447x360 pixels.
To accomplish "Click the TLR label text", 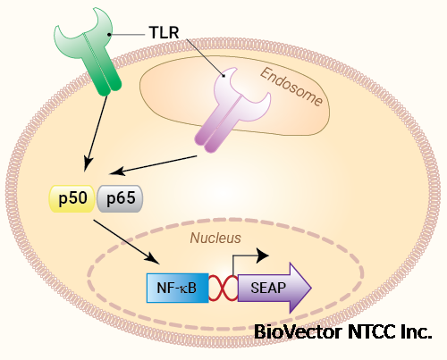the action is click(164, 32).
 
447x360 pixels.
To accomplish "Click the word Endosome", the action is click(291, 87).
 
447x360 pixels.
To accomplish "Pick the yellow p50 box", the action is click(72, 198).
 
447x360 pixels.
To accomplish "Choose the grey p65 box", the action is click(120, 198).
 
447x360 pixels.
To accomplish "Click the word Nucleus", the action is click(215, 238).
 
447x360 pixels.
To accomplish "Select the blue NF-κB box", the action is click(177, 288).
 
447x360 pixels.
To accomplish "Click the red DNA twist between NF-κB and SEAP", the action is click(223, 288).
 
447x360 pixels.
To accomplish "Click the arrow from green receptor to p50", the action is click(96, 133).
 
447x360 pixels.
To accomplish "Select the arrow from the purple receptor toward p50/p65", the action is click(153, 165).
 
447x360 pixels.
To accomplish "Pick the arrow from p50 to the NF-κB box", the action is click(126, 242).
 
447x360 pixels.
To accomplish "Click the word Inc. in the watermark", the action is click(420, 331).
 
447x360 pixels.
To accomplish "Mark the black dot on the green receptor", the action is click(109, 35).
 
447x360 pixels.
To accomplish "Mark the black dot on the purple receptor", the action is click(223, 76).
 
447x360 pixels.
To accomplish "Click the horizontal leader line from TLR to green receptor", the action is click(127, 35).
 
